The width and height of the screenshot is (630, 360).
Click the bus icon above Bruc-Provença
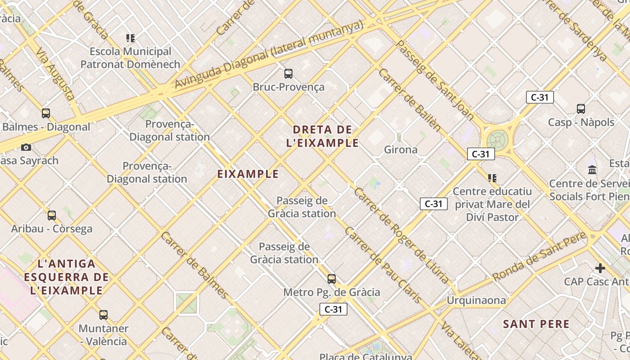288,73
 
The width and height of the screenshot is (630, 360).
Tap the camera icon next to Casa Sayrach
26,147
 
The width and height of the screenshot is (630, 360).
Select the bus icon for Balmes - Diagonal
46,113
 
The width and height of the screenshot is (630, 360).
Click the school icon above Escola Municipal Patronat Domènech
130,38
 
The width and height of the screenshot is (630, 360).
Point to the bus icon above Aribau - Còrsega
52,216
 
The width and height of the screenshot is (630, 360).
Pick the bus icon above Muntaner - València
103,315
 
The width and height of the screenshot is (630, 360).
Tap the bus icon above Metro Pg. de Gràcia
332,279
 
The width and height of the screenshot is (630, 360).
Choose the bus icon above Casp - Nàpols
581,108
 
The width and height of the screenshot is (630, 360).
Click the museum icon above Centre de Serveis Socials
592,170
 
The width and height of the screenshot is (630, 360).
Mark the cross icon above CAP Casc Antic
600,268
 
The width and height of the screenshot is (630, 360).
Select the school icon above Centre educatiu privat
492,178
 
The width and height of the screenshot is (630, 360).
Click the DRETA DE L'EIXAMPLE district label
323,136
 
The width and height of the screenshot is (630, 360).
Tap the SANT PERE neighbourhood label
536,324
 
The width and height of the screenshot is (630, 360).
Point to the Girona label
400,149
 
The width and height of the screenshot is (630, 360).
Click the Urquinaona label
476,300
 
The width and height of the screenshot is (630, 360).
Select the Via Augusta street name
55,74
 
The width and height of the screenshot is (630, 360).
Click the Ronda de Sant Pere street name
539,257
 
